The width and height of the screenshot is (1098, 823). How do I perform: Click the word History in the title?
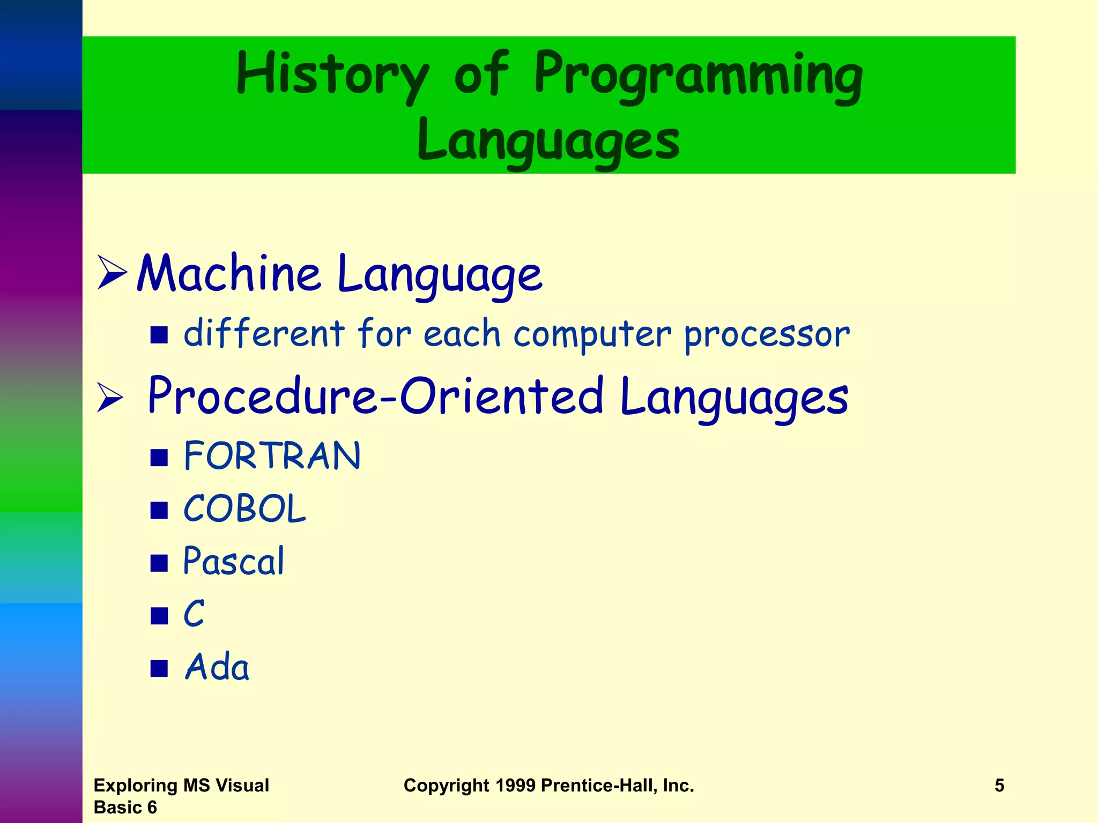point(332,75)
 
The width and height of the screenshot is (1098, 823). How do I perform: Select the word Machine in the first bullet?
point(229,274)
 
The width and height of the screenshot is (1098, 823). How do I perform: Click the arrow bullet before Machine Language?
point(112,273)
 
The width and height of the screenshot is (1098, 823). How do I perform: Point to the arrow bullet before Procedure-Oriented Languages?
point(110,398)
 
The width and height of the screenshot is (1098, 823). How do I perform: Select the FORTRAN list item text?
point(272,457)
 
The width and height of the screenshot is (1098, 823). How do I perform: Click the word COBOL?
point(244,509)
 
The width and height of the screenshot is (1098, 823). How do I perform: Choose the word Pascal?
point(234,562)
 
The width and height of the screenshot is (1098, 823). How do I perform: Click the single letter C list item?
point(194,614)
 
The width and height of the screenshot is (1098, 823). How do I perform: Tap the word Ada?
point(217,668)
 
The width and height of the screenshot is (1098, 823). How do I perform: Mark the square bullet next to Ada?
point(159,669)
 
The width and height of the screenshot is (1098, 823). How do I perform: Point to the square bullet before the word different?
point(159,335)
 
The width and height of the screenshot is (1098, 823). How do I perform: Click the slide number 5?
point(999,785)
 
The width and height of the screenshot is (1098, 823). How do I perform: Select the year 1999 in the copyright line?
point(515,785)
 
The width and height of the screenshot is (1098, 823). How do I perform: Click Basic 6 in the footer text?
point(125,807)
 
